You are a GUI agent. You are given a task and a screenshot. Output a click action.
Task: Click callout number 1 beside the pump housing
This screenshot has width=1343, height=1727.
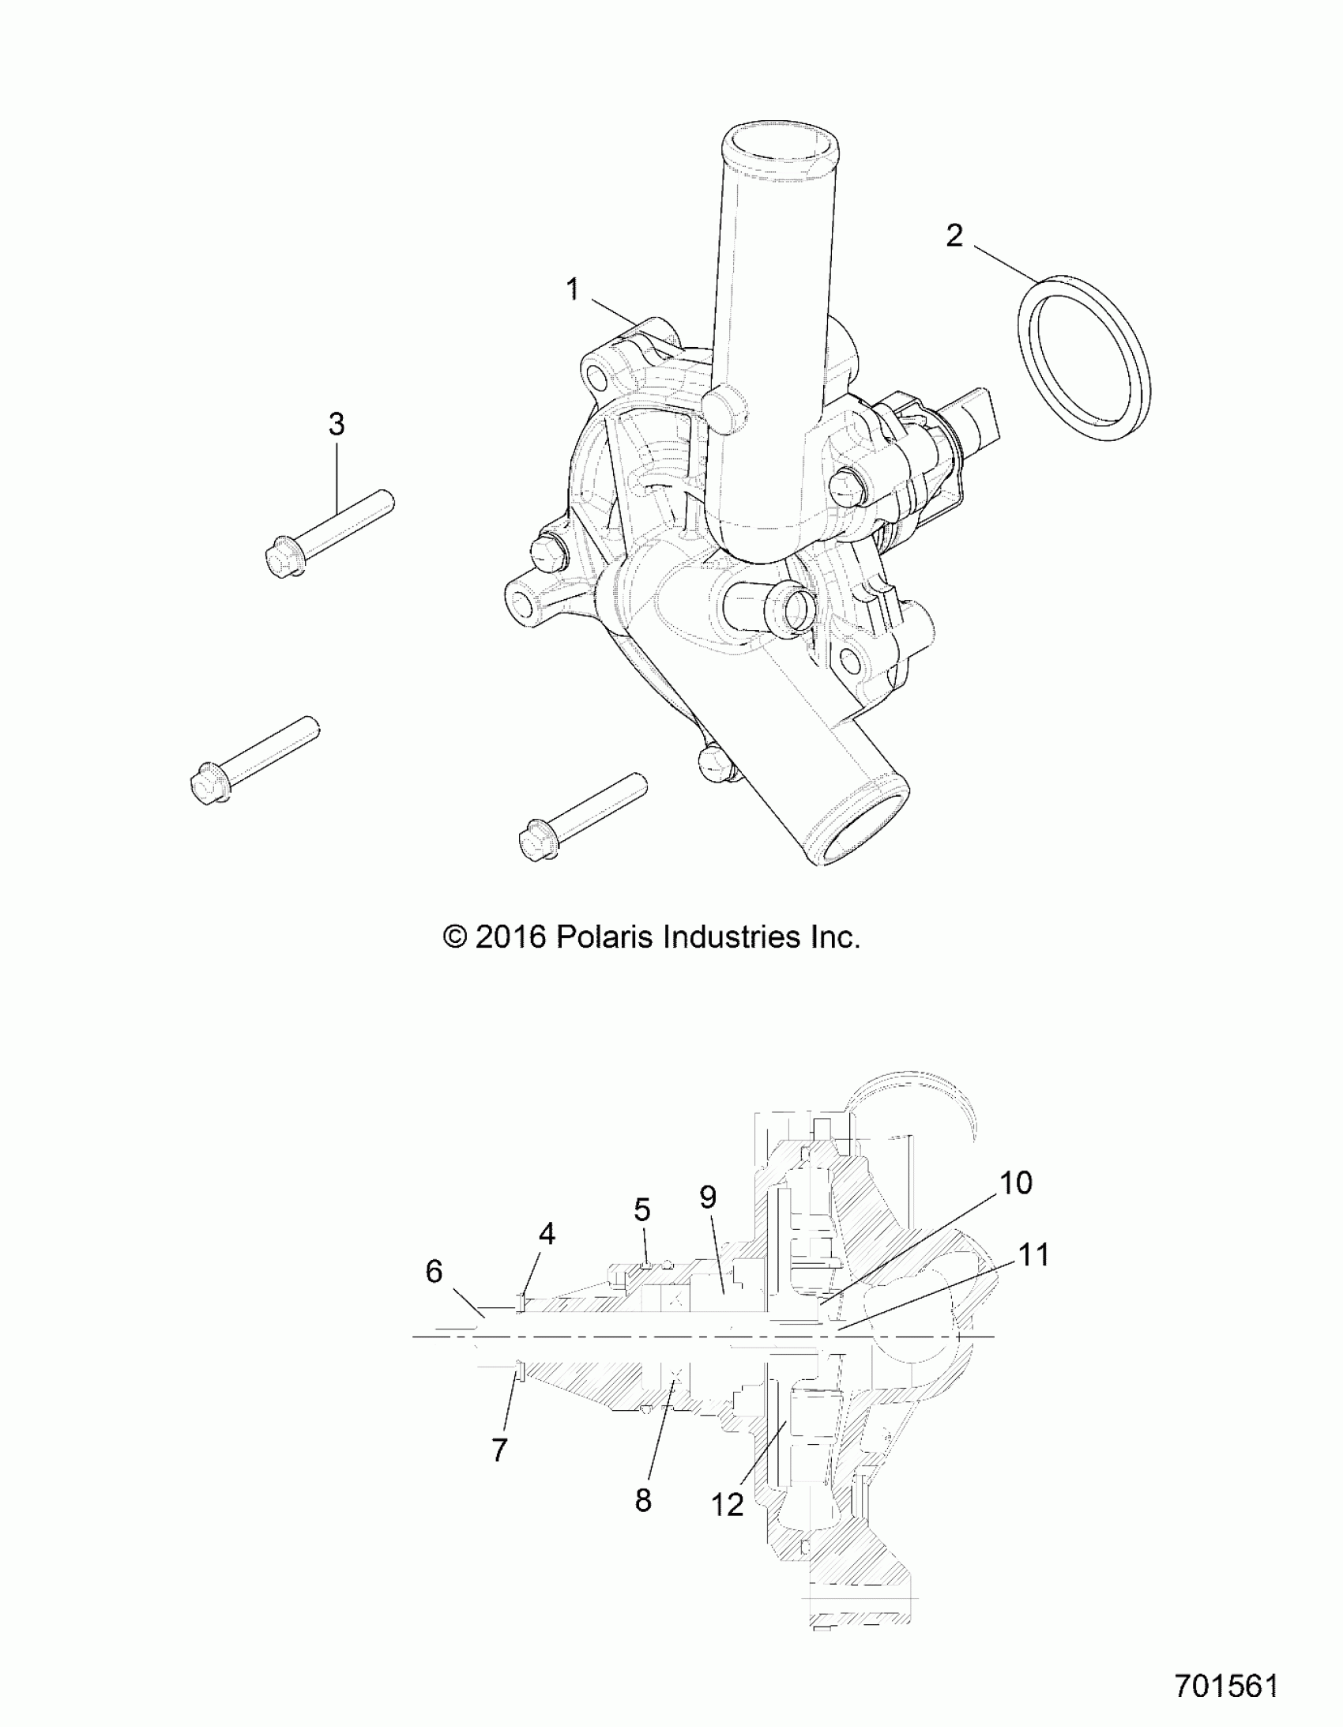(x=573, y=289)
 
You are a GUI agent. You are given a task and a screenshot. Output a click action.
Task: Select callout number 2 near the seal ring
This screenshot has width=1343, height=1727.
(x=955, y=235)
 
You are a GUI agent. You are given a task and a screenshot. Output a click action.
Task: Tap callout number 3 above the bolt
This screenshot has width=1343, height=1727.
(x=337, y=424)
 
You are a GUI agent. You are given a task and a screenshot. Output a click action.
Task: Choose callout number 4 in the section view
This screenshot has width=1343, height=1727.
(x=547, y=1234)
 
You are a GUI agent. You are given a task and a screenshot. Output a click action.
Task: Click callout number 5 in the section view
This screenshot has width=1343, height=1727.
(x=641, y=1209)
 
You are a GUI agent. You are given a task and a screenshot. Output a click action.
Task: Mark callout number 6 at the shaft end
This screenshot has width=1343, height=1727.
(x=434, y=1272)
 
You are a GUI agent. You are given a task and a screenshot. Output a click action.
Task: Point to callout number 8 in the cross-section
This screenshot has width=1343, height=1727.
(x=643, y=1500)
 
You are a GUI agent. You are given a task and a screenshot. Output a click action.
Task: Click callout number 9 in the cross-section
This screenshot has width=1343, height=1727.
(x=709, y=1197)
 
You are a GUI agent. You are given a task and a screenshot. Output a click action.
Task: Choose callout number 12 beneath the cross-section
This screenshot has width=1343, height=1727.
(x=728, y=1506)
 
